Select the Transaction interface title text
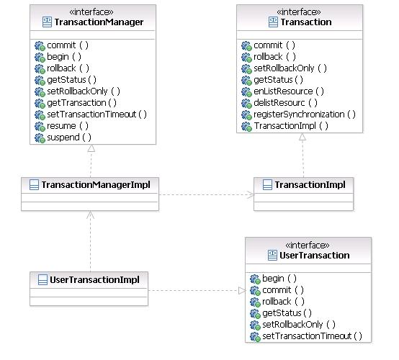tap(306, 22)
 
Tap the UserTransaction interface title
tap(314, 255)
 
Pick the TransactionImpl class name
tap(309, 185)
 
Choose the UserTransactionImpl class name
tap(94, 279)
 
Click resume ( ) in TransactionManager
tap(67, 125)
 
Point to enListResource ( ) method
tap(288, 91)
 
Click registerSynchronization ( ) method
tap(304, 114)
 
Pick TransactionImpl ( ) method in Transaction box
tap(290, 125)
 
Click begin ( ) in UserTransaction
tap(279, 278)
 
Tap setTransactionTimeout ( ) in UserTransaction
tap(311, 336)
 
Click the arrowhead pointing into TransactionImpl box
tap(249, 194)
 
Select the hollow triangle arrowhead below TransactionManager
tap(91, 149)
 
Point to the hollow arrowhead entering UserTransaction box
tap(241, 291)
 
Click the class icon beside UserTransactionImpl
tap(42, 279)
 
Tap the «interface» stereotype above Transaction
tap(300, 12)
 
